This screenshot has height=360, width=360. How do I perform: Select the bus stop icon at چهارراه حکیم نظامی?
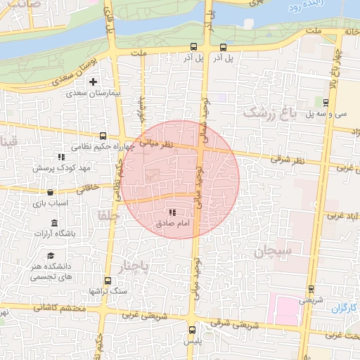pyautogui.click(x=103, y=136)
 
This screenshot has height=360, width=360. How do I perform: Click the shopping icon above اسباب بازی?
pyautogui.click(x=50, y=192)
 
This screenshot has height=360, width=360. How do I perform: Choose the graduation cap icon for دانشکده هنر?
pyautogui.click(x=50, y=256)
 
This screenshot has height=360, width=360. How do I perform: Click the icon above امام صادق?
pyautogui.click(x=172, y=212)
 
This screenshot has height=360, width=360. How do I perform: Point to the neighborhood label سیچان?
pyautogui.click(x=269, y=252)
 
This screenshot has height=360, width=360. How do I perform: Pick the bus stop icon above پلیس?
pyautogui.click(x=192, y=329)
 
